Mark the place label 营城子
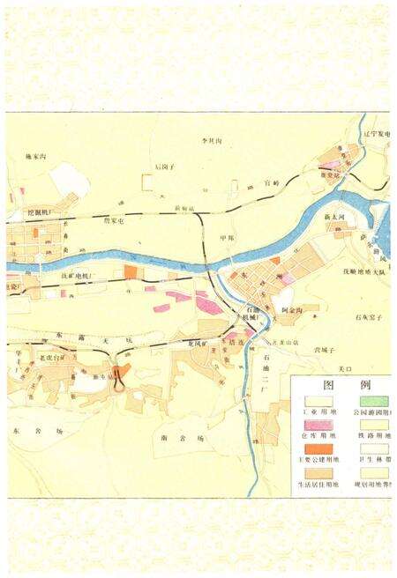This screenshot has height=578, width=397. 327,351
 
